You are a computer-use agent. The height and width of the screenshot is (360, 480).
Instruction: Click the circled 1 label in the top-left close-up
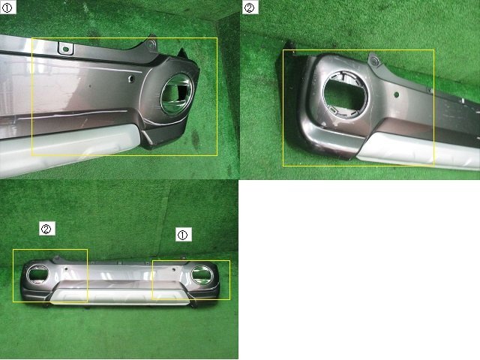pyautogui.click(x=7, y=7)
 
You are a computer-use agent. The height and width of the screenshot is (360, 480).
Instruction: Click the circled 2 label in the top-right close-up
pyautogui.click(x=250, y=7)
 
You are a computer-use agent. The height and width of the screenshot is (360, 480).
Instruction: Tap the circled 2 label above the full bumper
pyautogui.click(x=46, y=228)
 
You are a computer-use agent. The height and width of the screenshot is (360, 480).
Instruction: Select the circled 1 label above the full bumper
pyautogui.click(x=183, y=235)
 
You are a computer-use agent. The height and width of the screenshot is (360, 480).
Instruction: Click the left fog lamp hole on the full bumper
pyautogui.click(x=37, y=273)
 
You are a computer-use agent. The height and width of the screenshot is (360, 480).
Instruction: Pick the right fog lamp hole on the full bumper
pyautogui.click(x=202, y=274)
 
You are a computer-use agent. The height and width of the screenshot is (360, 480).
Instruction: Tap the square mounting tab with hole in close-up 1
pyautogui.click(x=66, y=49)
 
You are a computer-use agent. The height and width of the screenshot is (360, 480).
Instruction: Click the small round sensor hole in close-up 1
pyautogui.click(x=131, y=79)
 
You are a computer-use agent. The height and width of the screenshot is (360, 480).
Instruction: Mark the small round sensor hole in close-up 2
pyautogui.click(x=397, y=95)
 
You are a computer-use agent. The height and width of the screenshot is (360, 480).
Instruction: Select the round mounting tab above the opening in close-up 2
pyautogui.click(x=373, y=61)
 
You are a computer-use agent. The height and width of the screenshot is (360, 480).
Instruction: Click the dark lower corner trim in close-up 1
pyautogui.click(x=162, y=135)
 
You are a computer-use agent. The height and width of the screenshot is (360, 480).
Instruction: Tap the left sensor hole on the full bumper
pyautogui.click(x=65, y=269)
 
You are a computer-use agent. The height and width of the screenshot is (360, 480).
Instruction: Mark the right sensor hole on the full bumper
pyautogui.click(x=173, y=270)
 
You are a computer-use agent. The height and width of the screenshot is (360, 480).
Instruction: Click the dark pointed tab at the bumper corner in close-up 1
pyautogui.click(x=183, y=53)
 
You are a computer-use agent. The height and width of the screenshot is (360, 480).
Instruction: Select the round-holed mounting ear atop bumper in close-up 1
pyautogui.click(x=151, y=43)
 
